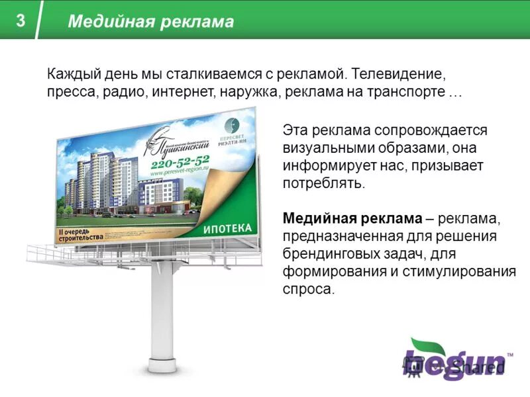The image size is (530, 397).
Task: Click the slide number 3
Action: coord(21,21)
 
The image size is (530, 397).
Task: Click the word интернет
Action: coord(182,92)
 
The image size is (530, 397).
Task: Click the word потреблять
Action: coord(323,183)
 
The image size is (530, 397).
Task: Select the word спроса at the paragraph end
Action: coord(307,290)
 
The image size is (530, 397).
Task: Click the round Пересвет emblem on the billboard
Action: coord(232,124)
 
